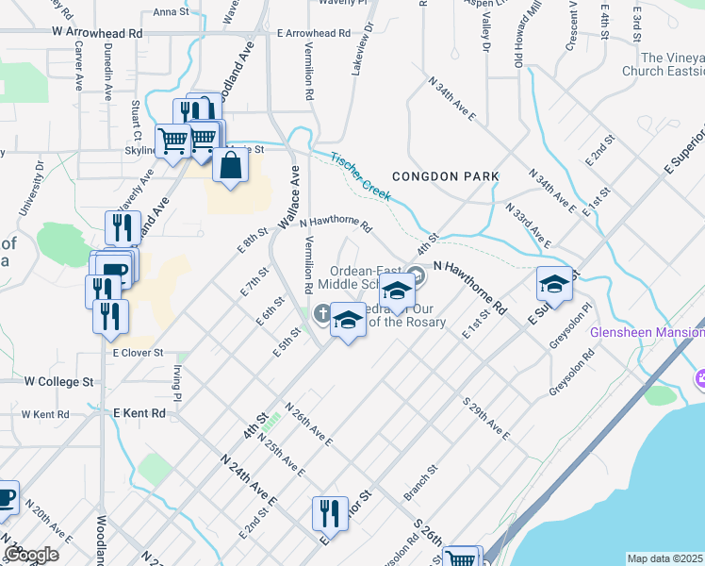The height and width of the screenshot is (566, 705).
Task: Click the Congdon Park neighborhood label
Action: [x=444, y=176]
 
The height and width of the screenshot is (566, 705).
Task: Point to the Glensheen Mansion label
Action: [x=647, y=332]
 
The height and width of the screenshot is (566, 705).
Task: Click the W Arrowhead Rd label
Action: [x=97, y=32]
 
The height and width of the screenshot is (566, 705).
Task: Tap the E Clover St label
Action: [x=138, y=353]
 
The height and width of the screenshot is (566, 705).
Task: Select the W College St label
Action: [x=59, y=382]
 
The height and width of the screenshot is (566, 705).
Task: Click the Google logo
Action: [x=31, y=555]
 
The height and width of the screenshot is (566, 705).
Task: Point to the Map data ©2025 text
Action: [x=665, y=558]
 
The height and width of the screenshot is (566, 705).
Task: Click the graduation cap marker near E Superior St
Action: [x=554, y=284]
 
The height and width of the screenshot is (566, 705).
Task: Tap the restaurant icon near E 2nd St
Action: [x=329, y=513]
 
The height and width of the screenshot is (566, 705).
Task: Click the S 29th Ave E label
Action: [x=485, y=418]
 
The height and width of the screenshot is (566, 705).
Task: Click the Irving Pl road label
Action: [x=176, y=374]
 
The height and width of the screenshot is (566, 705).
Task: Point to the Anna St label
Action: [x=171, y=12]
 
